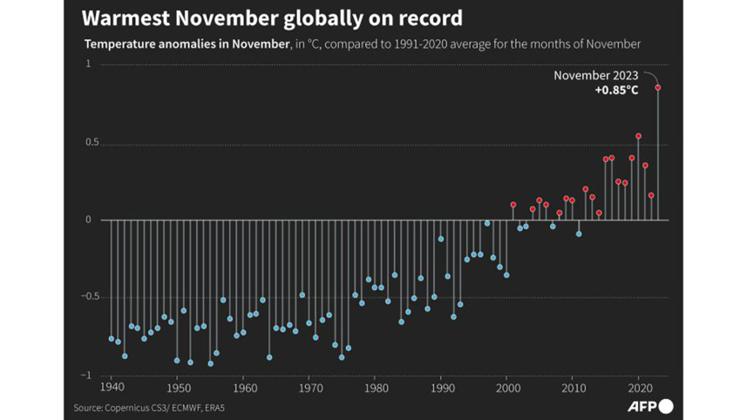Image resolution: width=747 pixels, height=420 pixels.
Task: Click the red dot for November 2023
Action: (658, 87)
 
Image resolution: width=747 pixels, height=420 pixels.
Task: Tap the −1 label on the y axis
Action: (85, 375)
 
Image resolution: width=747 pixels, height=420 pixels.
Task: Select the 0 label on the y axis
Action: (88, 220)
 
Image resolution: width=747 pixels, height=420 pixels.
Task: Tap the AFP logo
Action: (650, 406)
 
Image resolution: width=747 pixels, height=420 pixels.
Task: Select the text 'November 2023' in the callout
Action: (595, 75)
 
